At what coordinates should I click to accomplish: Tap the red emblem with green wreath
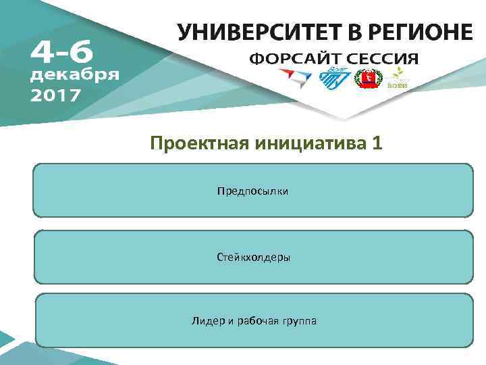pos(369,80)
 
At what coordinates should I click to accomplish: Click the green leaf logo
pos(398,77)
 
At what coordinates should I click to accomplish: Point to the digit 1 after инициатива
pos(377,143)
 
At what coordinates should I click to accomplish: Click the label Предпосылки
pos(252,191)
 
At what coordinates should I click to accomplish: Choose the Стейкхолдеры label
pos(253,257)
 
